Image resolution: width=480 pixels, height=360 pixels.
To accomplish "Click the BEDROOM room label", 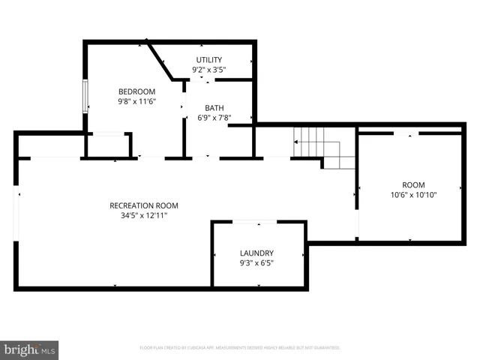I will click(136, 91).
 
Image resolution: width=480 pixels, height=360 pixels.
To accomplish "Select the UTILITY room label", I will click(209, 60).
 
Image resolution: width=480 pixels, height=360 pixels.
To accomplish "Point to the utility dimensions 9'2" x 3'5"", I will click(209, 70).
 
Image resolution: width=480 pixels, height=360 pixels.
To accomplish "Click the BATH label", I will click(214, 108).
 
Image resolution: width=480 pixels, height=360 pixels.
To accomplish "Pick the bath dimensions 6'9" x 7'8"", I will click(214, 118).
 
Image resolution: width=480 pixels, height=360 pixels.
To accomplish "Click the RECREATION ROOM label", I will click(144, 205).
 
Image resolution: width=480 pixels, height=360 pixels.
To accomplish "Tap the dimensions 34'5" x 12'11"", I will click(144, 215).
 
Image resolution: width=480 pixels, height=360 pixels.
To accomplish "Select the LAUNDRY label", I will click(256, 253).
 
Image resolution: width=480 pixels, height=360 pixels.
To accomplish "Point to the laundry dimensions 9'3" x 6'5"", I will click(256, 263).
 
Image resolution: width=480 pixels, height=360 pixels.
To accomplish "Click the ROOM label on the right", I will click(413, 185).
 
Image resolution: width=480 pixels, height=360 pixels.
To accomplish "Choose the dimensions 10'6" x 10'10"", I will click(413, 195).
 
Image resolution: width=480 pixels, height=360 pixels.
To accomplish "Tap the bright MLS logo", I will click(30, 349).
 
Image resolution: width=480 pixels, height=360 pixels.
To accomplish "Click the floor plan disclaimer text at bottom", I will click(240, 348).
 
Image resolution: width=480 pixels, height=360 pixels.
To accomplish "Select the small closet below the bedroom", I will click(109, 145).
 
